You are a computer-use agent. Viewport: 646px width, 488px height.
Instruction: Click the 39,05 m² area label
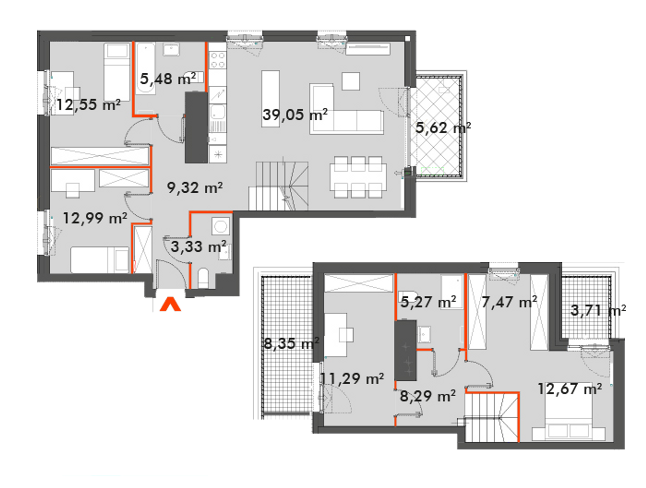295,115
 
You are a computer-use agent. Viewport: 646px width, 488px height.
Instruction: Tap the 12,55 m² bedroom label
88,104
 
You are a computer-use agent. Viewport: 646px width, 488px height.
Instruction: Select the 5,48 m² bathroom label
168,79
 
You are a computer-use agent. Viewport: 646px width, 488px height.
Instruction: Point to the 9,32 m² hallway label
195,188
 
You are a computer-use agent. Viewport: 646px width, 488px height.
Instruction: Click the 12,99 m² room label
95,218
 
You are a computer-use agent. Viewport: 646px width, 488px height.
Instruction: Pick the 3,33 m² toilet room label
199,247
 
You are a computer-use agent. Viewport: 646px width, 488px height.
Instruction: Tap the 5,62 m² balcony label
443,128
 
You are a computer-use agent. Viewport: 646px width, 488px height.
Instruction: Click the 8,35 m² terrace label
292,344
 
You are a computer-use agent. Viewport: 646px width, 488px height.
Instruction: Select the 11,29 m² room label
353,379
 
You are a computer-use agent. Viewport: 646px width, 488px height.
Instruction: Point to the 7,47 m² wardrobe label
509,302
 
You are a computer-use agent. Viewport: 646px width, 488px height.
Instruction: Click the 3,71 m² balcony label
598,310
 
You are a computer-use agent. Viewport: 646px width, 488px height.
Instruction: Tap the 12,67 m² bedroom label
570,389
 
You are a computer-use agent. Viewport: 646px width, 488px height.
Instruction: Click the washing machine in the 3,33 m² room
221,226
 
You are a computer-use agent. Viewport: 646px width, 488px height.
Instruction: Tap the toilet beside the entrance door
203,278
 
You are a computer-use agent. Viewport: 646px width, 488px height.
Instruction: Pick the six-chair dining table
358,177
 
